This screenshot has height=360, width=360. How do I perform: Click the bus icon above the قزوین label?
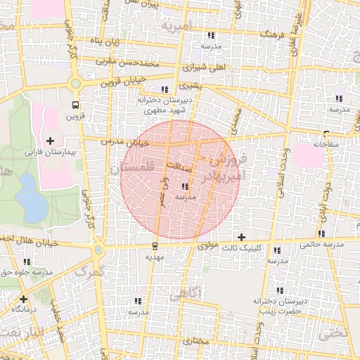75,105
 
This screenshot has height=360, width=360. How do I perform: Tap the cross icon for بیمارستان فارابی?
50,141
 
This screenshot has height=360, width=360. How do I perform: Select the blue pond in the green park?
30,197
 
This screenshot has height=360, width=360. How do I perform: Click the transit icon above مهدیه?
155,245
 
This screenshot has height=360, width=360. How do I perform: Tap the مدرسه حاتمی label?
320,245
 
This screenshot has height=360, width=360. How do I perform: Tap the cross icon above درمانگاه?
23,299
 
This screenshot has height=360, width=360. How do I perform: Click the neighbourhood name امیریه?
176,26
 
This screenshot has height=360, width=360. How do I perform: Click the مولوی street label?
210,246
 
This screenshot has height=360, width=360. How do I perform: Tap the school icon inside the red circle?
185,187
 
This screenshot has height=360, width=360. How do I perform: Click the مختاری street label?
198,341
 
